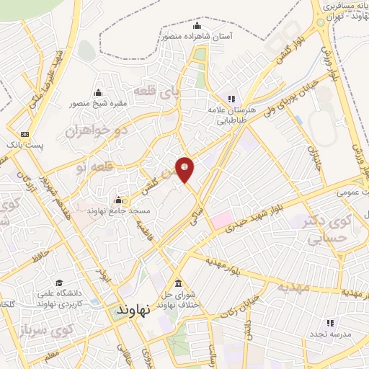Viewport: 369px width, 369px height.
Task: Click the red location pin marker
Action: (185, 169)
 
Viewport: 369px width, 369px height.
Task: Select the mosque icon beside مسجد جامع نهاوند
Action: (118, 200)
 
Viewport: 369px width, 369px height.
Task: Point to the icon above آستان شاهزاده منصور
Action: (197, 26)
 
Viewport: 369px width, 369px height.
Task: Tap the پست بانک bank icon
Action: (25, 134)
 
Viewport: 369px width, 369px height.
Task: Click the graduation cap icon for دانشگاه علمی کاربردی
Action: (59, 283)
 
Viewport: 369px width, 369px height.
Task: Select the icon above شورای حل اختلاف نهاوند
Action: (178, 283)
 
